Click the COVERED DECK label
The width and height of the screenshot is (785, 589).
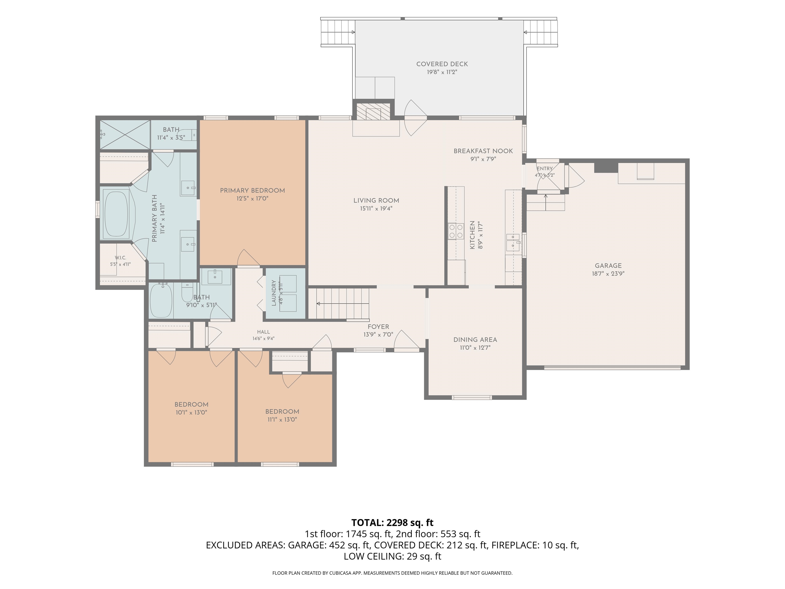pos(442,64)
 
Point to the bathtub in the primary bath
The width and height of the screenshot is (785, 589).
pos(116,214)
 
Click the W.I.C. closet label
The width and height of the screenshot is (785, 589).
pos(120,258)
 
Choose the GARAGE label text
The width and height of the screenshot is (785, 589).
pos(608,266)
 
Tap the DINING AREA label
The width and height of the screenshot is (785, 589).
pos(475,340)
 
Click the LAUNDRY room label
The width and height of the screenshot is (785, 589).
pos(274,293)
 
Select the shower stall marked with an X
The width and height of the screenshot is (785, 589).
pos(125,135)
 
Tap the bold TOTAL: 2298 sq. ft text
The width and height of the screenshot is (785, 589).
pos(392,523)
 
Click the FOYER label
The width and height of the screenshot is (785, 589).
pos(378,327)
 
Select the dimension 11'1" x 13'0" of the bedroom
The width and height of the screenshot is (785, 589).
pos(282,420)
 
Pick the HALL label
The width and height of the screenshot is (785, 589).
pos(263,332)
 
